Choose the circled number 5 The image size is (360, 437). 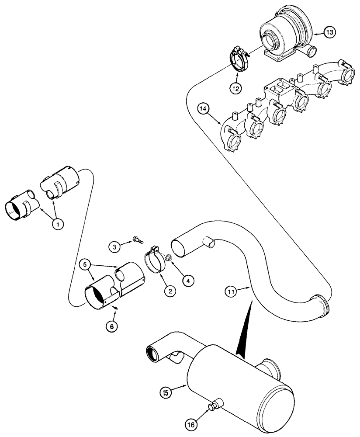click(85, 264)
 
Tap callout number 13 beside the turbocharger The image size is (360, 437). click(329, 31)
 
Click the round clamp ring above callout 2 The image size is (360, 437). click(155, 262)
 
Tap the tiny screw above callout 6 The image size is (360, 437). click(115, 308)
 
